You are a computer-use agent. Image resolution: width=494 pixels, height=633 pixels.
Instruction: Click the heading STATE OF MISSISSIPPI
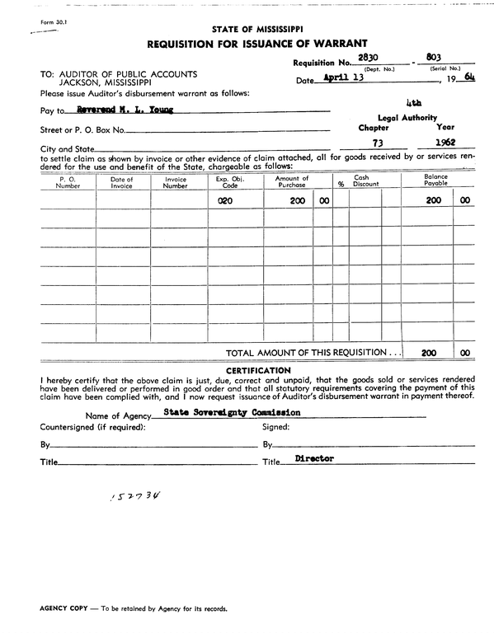click(256, 29)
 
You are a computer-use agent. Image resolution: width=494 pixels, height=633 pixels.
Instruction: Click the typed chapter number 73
click(377, 142)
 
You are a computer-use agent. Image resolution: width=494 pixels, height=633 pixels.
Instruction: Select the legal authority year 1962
click(445, 142)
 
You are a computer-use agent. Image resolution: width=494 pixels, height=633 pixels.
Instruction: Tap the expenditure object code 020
click(224, 200)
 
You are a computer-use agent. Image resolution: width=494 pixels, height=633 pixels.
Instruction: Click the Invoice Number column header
click(176, 181)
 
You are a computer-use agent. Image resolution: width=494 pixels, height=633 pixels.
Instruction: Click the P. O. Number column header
click(68, 181)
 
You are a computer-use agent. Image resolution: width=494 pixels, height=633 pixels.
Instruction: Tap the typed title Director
click(314, 458)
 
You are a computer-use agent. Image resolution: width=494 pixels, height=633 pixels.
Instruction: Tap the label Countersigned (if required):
click(93, 427)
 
